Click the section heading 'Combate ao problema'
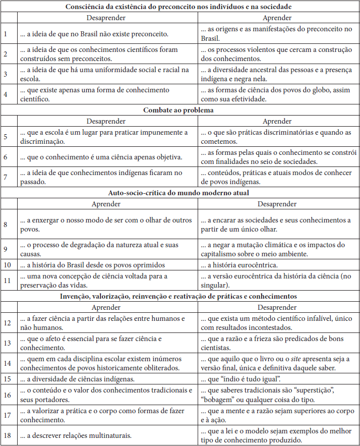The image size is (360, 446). point(180,109)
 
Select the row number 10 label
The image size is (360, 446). point(7,265)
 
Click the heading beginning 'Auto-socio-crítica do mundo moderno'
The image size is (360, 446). point(180,192)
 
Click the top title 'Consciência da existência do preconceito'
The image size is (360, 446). point(180,7)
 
